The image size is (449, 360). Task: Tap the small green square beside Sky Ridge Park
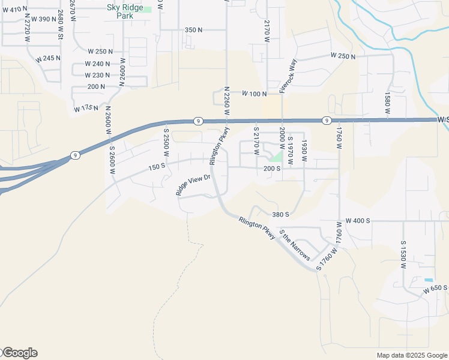[147, 10]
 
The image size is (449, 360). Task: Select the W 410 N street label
[16, 9]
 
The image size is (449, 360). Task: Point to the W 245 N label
[48, 59]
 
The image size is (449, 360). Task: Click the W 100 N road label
[254, 94]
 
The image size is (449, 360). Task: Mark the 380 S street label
[280, 214]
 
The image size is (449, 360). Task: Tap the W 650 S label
[435, 289]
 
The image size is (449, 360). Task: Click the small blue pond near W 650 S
[428, 280]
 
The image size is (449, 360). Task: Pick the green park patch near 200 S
[276, 157]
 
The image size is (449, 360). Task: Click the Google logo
[19, 353]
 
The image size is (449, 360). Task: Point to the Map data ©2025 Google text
[411, 355]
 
